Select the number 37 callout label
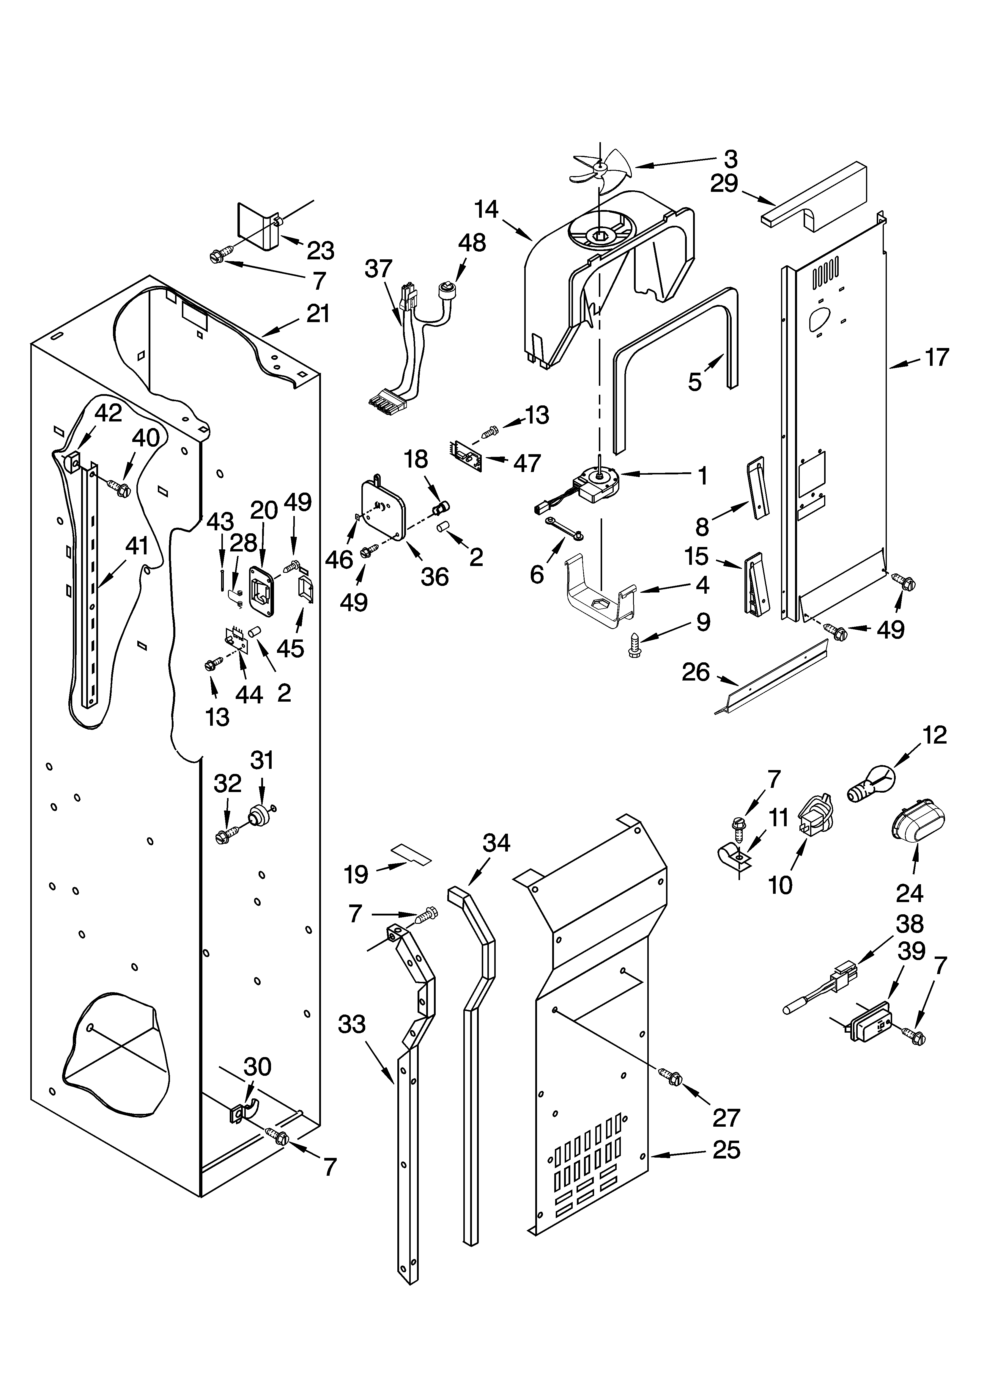click(x=379, y=269)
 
